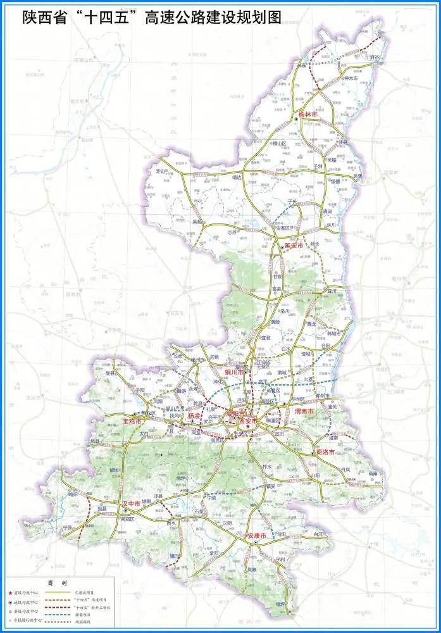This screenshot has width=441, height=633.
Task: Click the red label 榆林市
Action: [306, 115]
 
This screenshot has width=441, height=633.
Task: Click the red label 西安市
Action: [248, 421]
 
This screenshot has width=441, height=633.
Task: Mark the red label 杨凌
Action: [194, 416]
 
